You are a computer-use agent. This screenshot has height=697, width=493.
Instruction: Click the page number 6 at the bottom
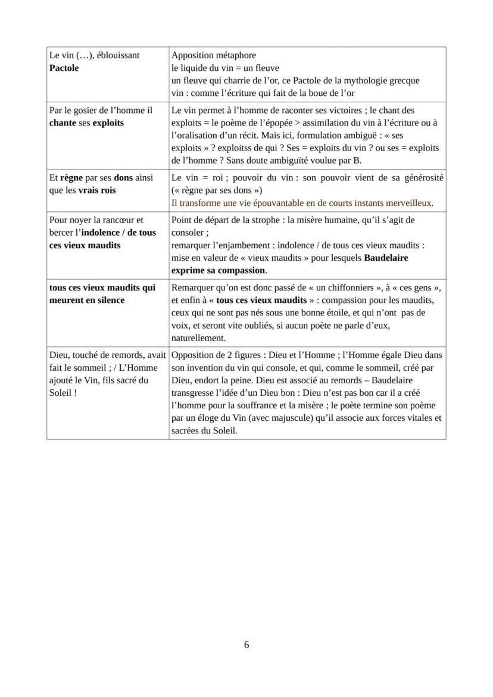point(246,645)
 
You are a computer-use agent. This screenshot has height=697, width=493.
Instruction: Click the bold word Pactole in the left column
point(64,68)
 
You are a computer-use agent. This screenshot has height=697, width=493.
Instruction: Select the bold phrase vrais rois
point(97,190)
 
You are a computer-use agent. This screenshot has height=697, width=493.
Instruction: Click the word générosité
point(420,178)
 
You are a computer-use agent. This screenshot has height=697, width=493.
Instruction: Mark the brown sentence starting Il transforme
point(302,203)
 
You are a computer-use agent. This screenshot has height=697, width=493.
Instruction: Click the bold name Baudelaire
point(385,258)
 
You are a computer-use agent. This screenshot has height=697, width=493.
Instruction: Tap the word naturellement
point(198,337)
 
